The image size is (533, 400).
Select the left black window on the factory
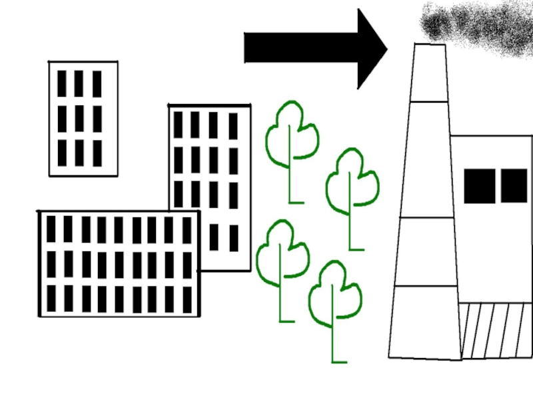(479, 186)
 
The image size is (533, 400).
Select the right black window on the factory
(514, 186)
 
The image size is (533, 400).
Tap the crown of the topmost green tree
(292, 132)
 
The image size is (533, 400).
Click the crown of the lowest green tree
(334, 293)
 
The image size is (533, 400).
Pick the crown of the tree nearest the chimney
(352, 180)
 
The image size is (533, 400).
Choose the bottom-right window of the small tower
(97, 153)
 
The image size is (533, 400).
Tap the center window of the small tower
(79, 119)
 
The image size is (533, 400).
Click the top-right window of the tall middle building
(233, 125)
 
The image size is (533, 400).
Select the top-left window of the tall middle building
(179, 125)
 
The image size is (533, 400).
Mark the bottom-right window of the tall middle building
(234, 238)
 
